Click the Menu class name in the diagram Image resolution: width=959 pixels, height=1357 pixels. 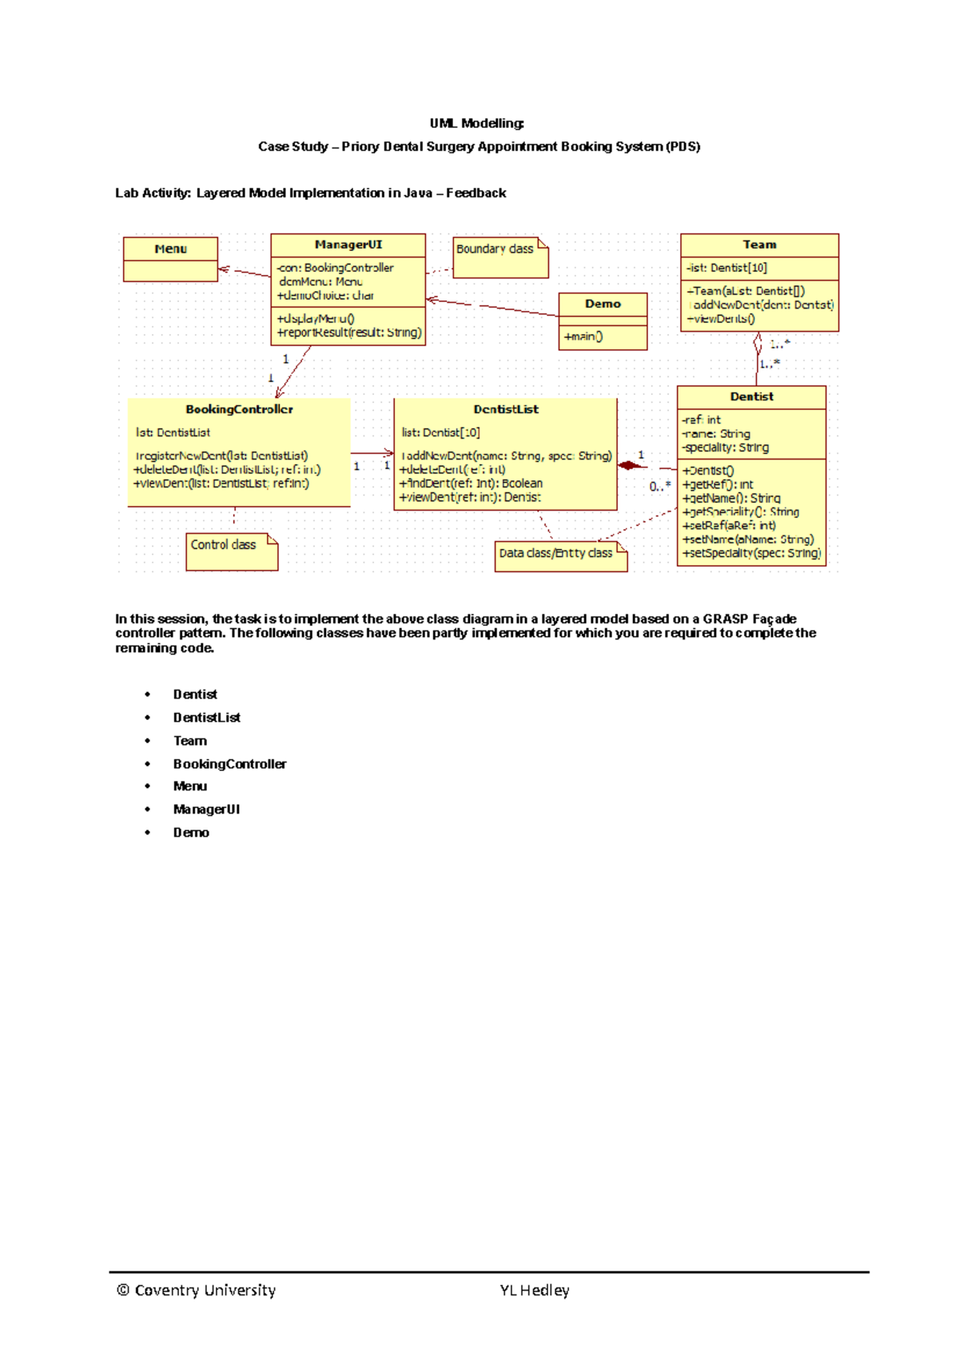(x=170, y=249)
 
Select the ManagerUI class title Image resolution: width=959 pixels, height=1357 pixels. (x=348, y=245)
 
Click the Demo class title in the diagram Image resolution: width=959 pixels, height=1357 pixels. (x=603, y=304)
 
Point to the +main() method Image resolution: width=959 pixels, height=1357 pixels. (x=583, y=336)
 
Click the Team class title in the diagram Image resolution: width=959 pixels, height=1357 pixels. (x=759, y=245)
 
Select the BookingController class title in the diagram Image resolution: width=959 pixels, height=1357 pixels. (x=239, y=409)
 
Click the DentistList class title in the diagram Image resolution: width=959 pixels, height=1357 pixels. (x=506, y=409)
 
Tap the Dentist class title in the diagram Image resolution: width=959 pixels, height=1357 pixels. (x=751, y=396)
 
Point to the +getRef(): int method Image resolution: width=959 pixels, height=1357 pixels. (x=718, y=484)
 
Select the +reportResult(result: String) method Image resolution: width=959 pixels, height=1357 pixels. (x=349, y=332)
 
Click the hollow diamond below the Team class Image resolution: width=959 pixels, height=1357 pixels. (x=758, y=344)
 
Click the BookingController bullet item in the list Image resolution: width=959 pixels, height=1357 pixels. (x=229, y=764)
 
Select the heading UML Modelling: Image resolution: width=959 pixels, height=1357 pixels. (x=477, y=123)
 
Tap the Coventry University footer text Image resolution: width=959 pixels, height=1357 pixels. (x=197, y=1290)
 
